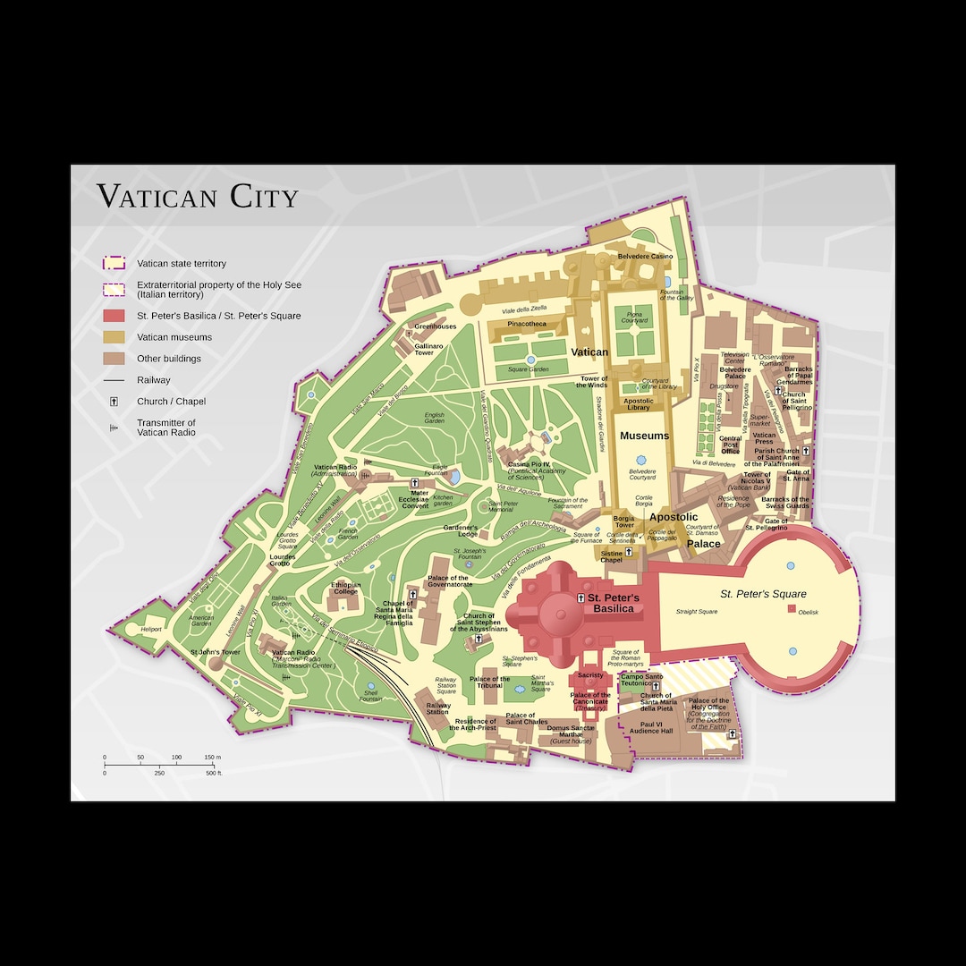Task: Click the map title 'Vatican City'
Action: [198, 196]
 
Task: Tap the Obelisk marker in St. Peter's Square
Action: [791, 609]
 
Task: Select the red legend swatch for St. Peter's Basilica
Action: [114, 316]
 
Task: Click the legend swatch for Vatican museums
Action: [114, 337]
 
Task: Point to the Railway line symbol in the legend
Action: [114, 380]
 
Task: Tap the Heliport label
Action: [151, 630]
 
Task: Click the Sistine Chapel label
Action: [611, 556]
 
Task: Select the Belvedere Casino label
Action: [645, 257]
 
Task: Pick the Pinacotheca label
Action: [527, 324]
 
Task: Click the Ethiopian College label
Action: [346, 589]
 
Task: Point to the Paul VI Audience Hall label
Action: [650, 727]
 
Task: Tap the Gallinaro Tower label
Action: [429, 349]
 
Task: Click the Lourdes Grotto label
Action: [282, 560]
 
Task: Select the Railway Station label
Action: [437, 708]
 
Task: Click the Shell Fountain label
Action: [370, 696]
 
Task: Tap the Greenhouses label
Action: [435, 326]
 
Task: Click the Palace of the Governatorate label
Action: [448, 581]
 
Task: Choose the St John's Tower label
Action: [216, 652]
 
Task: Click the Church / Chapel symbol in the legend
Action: [114, 402]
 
